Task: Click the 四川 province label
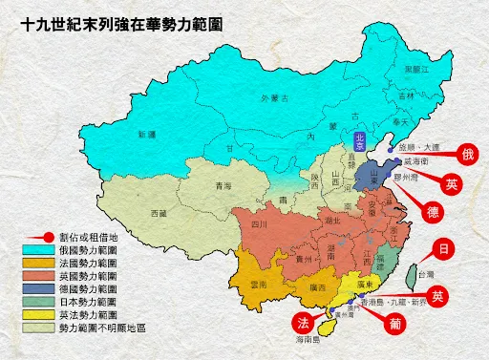259,224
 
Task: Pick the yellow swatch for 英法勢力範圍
37,313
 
